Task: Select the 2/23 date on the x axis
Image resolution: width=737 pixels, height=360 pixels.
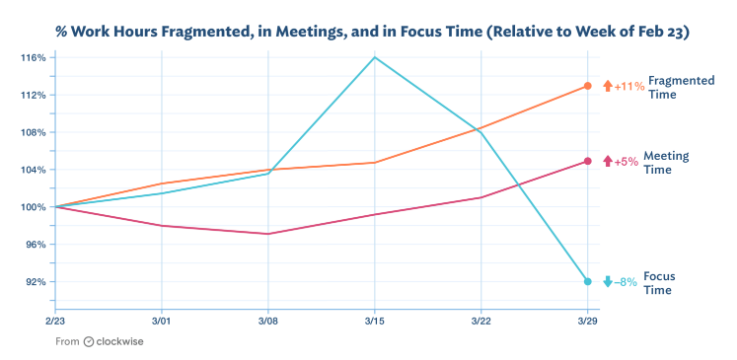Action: pyautogui.click(x=56, y=321)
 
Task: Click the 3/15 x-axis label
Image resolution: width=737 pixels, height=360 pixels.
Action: pyautogui.click(x=374, y=321)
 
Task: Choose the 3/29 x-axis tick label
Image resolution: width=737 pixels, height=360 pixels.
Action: pyautogui.click(x=587, y=321)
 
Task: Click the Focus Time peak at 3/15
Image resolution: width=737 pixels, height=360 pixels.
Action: pyautogui.click(x=374, y=57)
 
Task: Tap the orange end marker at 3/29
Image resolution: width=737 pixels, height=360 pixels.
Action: pyautogui.click(x=587, y=86)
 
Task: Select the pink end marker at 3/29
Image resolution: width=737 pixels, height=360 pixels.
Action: pyautogui.click(x=587, y=161)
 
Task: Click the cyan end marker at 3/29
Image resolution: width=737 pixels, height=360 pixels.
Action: pyautogui.click(x=587, y=282)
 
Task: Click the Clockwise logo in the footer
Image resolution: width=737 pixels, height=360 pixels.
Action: pyautogui.click(x=116, y=341)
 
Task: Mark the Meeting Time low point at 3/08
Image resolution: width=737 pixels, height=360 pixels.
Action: pyautogui.click(x=268, y=234)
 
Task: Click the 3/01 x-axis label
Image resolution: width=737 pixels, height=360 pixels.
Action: pyautogui.click(x=162, y=321)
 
